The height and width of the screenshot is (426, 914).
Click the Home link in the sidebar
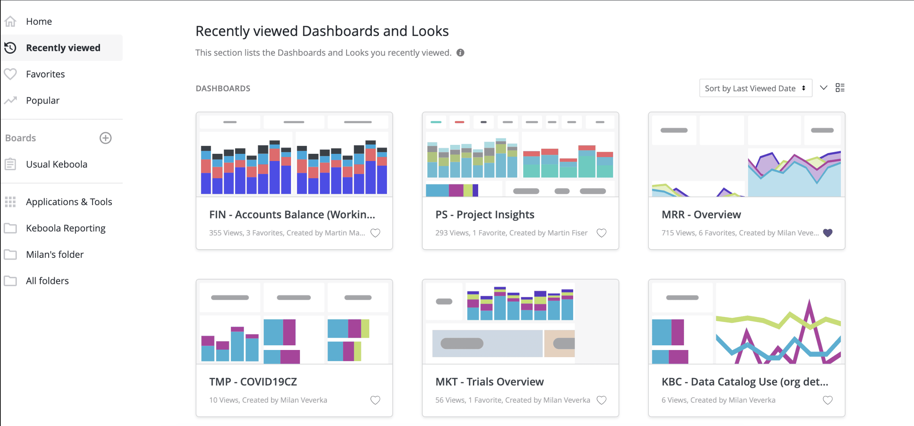pyautogui.click(x=39, y=22)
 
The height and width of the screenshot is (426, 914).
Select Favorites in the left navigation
pyautogui.click(x=45, y=74)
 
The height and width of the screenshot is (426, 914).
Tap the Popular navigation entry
pyautogui.click(x=43, y=100)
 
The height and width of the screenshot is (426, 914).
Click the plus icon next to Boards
pyautogui.click(x=105, y=138)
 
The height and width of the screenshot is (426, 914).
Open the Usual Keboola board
pyautogui.click(x=56, y=164)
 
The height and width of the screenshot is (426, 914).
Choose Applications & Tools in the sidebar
pyautogui.click(x=69, y=202)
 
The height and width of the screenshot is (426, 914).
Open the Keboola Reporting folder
pyautogui.click(x=66, y=228)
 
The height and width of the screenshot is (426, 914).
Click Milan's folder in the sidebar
pyautogui.click(x=54, y=255)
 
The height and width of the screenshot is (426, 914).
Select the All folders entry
pyautogui.click(x=47, y=281)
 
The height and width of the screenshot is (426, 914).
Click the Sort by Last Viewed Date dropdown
pyautogui.click(x=755, y=88)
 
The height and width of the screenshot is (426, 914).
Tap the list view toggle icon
pyautogui.click(x=840, y=88)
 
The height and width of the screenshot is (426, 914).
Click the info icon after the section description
pyautogui.click(x=461, y=53)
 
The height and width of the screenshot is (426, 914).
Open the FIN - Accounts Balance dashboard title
pyautogui.click(x=292, y=214)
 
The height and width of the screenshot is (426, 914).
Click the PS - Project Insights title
pyautogui.click(x=485, y=214)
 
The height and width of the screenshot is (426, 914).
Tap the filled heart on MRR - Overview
pyautogui.click(x=828, y=233)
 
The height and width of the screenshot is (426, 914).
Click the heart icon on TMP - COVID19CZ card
pyautogui.click(x=375, y=400)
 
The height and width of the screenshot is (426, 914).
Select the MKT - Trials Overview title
pyautogui.click(x=489, y=382)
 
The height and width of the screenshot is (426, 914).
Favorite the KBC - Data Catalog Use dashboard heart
pyautogui.click(x=828, y=400)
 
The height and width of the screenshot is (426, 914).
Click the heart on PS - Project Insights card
pyautogui.click(x=601, y=233)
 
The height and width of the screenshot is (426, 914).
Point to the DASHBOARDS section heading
pyautogui.click(x=223, y=89)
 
